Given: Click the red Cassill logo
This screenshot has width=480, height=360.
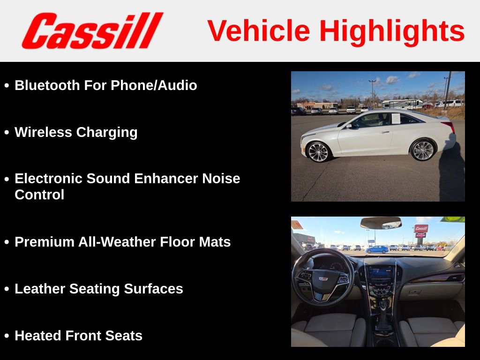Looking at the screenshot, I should [92, 30].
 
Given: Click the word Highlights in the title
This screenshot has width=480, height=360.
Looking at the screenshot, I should [392, 31].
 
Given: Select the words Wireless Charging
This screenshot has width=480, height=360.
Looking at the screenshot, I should [76, 132].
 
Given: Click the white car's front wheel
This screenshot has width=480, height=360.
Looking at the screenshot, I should [319, 151].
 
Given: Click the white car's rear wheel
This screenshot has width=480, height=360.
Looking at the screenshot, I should [423, 150].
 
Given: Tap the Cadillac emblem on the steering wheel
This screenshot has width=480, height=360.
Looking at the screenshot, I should [322, 278].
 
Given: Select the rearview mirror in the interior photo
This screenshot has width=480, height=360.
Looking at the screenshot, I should [381, 223].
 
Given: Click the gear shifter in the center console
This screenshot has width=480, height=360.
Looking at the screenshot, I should [383, 307].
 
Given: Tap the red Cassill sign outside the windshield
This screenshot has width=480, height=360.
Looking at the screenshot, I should [420, 228].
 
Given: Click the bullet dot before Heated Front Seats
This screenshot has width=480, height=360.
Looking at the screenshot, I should [7, 336].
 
